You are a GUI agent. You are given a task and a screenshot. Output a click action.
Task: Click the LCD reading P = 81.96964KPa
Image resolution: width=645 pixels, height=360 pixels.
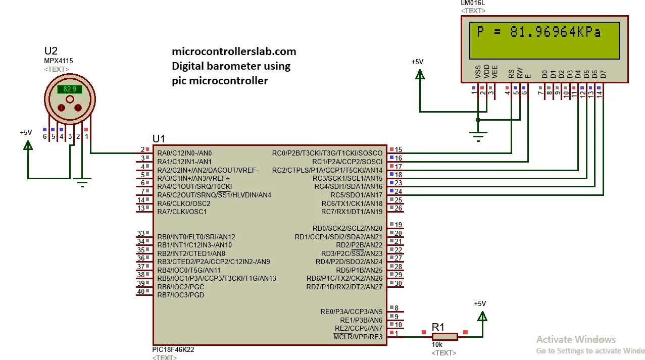538,32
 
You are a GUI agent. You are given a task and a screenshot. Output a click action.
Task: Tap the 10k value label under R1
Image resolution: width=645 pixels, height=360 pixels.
437,345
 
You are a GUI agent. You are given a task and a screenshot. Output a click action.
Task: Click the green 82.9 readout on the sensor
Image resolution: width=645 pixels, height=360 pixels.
70,89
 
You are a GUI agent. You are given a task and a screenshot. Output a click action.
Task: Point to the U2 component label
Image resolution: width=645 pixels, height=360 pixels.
51,51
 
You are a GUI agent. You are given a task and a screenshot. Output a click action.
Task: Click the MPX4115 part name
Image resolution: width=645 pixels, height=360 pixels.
58,61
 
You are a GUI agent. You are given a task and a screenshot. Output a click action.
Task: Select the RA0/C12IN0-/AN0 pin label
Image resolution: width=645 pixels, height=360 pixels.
184,153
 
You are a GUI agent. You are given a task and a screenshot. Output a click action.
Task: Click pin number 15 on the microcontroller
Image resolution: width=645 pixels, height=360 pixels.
399,149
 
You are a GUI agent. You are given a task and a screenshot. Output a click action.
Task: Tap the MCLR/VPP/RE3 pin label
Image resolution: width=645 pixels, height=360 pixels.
358,337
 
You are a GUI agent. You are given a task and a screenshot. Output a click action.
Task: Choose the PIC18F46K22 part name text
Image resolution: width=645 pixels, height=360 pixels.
173,349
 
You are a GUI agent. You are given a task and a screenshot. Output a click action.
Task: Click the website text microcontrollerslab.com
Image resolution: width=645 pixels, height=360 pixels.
234,52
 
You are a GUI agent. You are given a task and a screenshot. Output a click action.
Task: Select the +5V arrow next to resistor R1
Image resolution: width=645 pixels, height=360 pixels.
482,316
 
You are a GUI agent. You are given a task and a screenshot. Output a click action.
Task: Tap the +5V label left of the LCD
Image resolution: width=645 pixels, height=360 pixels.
417,62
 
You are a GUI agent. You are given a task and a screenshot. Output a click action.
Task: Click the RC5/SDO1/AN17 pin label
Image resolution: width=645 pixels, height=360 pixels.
356,195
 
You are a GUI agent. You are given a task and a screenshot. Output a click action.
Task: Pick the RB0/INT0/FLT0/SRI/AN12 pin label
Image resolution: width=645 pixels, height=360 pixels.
196,237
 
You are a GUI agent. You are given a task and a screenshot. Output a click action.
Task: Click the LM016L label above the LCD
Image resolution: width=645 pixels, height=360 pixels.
473,3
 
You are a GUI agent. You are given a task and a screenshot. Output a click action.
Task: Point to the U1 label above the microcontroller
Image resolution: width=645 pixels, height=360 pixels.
159,139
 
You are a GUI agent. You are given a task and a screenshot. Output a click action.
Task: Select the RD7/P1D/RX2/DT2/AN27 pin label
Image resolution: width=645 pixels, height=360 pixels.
344,287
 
